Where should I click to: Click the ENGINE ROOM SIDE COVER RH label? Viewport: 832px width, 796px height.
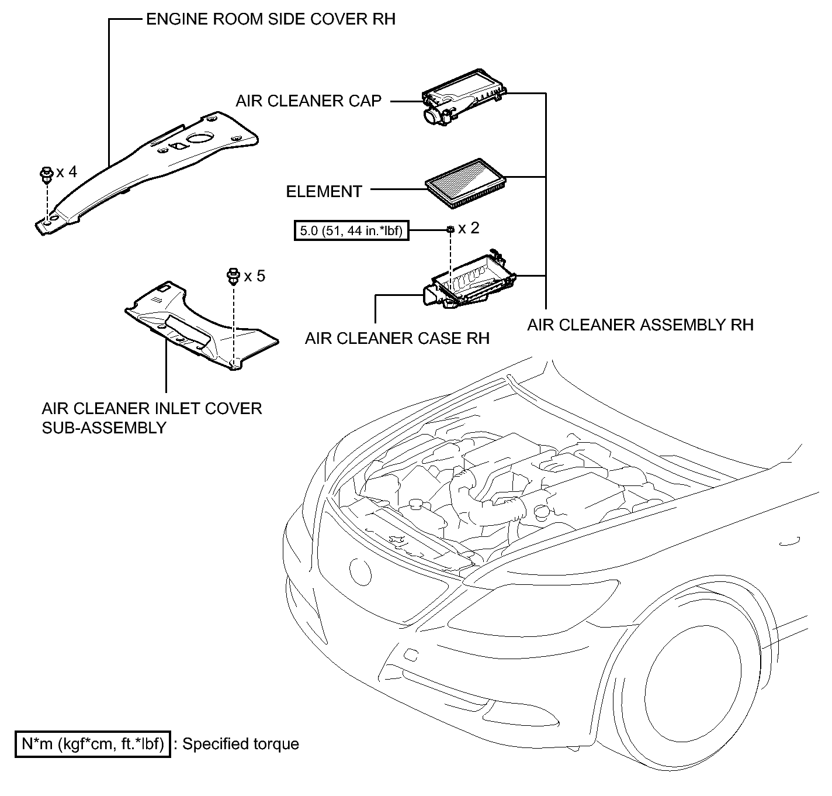coord(271,19)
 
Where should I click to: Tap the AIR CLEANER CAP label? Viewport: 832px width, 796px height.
coord(308,101)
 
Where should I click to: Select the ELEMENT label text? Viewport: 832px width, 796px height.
coord(324,191)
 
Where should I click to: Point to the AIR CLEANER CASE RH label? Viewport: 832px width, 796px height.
coord(397,338)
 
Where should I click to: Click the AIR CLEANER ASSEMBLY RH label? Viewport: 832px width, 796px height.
coord(640,325)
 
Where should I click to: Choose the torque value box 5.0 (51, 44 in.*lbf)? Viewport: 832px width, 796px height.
coord(352,230)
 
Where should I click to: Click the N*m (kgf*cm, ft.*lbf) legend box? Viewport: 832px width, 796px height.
coord(93,744)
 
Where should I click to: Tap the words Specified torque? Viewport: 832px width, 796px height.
coord(241,744)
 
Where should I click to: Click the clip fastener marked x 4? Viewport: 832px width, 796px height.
coord(46,175)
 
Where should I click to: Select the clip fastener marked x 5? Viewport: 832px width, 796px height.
coord(233,276)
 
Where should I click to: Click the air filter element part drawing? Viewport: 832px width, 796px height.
coord(465,183)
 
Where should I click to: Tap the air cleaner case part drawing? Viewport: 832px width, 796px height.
coord(469,280)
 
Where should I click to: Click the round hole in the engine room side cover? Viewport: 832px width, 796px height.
coord(200,138)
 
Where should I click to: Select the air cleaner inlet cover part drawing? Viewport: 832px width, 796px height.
coord(201,325)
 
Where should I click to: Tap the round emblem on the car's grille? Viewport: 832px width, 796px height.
coord(360,571)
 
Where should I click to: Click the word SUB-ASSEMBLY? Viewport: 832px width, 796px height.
coord(104,428)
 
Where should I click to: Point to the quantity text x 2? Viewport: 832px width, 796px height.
coord(469,228)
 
